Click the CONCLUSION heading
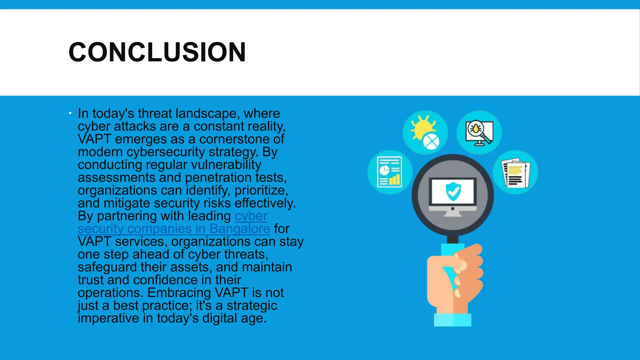pos(157,52)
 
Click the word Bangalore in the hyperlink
pos(240,229)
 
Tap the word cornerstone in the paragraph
pos(234,139)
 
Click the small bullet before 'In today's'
pos(70,113)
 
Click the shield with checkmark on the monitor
pos(453,192)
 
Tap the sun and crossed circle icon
pos(425,132)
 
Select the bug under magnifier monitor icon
pos(479,132)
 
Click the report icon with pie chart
pos(390,172)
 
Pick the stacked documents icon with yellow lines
pos(515,172)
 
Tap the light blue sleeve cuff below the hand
pos(452,320)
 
